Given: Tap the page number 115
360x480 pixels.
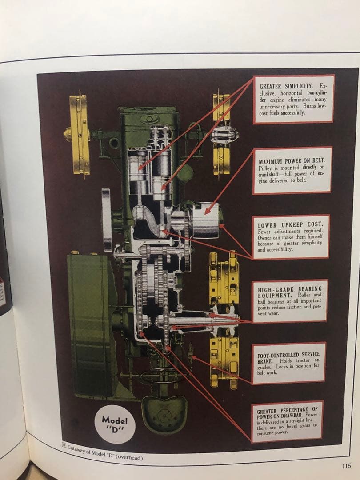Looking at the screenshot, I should point(347,466).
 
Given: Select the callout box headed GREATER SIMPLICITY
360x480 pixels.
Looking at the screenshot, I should point(293,99).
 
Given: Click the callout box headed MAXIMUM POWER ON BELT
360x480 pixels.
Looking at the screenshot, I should point(292,171).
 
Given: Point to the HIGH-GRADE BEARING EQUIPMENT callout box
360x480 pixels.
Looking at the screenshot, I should point(289,301).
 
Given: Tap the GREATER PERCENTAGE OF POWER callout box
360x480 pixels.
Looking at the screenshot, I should point(287,421).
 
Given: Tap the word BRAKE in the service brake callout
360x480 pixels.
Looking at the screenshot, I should point(265,361).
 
